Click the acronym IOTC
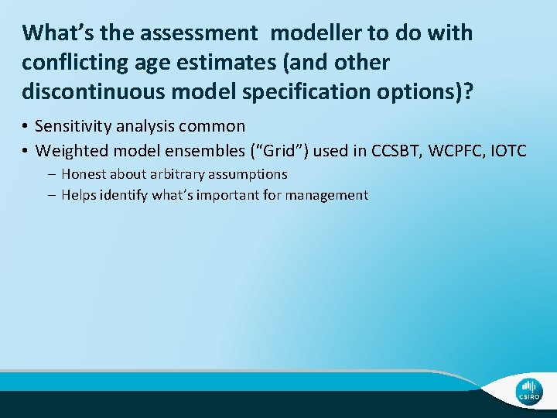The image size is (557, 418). pos(508,150)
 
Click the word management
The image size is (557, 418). pos(326,195)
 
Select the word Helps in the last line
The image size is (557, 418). pos(79,195)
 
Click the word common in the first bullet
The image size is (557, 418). pos(217,126)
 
